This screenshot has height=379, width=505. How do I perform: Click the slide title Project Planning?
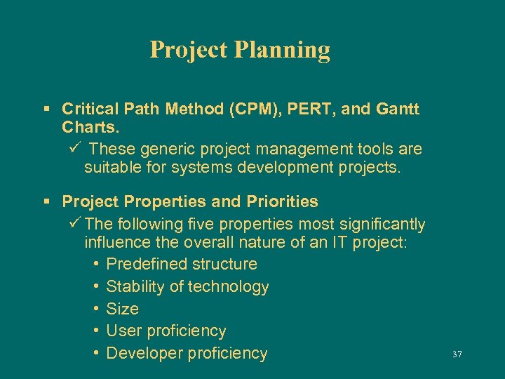(240, 50)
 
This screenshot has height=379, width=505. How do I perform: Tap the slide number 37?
(457, 355)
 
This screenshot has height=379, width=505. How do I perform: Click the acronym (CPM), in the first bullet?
(260, 109)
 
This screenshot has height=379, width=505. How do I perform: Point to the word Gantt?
(397, 109)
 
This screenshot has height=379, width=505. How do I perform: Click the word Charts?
(90, 129)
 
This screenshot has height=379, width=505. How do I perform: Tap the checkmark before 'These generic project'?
(75, 149)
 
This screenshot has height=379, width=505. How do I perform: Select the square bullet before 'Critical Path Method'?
(46, 109)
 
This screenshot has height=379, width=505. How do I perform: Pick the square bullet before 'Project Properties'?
(46, 202)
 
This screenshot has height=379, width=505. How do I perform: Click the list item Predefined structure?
(182, 264)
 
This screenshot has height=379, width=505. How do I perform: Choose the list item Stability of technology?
(187, 286)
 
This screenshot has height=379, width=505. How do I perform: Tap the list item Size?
(122, 309)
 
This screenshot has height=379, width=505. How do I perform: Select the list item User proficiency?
(166, 331)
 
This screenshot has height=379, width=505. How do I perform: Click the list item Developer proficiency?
(187, 353)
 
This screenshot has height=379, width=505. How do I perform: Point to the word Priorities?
(282, 202)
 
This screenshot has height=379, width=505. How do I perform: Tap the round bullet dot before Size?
(95, 309)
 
